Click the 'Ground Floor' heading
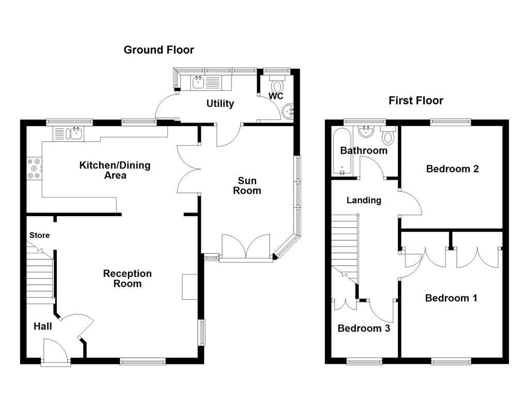(x=159, y=50)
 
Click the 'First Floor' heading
(x=416, y=100)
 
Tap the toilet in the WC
(x=278, y=84)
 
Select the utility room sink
(x=198, y=82)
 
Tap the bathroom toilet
(x=389, y=136)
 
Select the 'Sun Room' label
(x=247, y=186)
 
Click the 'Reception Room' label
(x=127, y=278)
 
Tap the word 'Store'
(x=39, y=235)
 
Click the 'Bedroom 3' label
(x=363, y=328)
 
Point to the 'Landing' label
(x=364, y=200)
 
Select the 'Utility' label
(x=220, y=103)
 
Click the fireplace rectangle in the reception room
(x=189, y=287)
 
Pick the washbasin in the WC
(x=289, y=110)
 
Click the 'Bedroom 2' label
(x=452, y=169)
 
